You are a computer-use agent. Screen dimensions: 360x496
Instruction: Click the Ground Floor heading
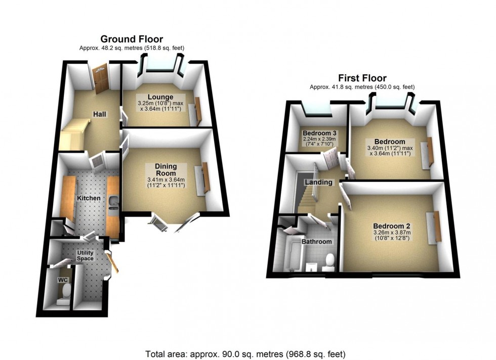[132, 39]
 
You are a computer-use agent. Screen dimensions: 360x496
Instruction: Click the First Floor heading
[362, 78]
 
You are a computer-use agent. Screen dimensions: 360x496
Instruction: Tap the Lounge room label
[160, 97]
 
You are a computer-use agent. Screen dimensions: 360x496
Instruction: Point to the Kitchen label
[89, 198]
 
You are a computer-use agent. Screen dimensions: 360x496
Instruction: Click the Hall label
[99, 115]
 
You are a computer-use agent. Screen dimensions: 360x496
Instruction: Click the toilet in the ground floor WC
[65, 293]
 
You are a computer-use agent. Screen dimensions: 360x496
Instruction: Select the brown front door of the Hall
[101, 78]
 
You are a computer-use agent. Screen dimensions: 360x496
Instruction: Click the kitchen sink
[112, 202]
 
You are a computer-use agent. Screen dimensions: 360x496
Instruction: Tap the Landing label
[319, 182]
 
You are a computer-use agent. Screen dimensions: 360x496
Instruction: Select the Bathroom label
[317, 242]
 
